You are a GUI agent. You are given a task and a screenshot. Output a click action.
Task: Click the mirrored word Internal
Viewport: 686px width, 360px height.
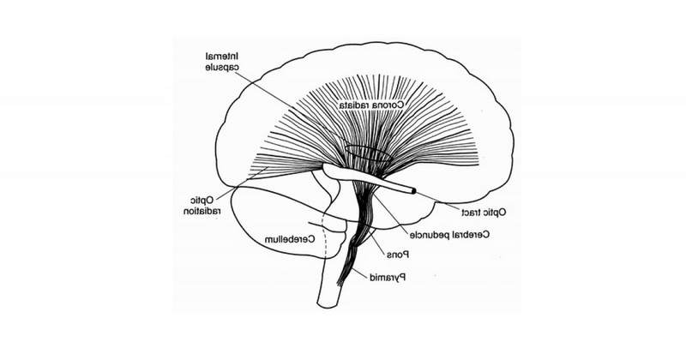click(223, 57)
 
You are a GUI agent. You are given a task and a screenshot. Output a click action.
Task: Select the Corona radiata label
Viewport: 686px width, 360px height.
click(371, 105)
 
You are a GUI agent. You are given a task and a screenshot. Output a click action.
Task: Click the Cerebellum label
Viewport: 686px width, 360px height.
click(290, 239)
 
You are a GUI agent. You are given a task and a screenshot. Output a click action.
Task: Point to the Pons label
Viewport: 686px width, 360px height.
click(398, 254)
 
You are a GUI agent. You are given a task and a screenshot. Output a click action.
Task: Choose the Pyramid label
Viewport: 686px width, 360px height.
click(388, 277)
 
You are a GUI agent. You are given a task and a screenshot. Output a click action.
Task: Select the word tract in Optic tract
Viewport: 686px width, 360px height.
click(472, 213)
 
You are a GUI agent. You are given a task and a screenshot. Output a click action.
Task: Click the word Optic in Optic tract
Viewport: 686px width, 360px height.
click(496, 213)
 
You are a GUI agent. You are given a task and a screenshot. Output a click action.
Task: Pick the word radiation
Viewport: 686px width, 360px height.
click(202, 211)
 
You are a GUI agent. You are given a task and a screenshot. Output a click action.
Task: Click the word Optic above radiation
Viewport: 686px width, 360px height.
click(202, 201)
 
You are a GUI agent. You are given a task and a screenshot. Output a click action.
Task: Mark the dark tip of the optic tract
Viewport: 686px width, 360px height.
click(412, 191)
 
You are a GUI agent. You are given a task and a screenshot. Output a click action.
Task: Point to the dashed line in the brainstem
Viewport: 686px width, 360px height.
click(325, 237)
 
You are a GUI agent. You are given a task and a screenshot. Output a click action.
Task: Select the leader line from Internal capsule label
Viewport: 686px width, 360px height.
click(291, 107)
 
